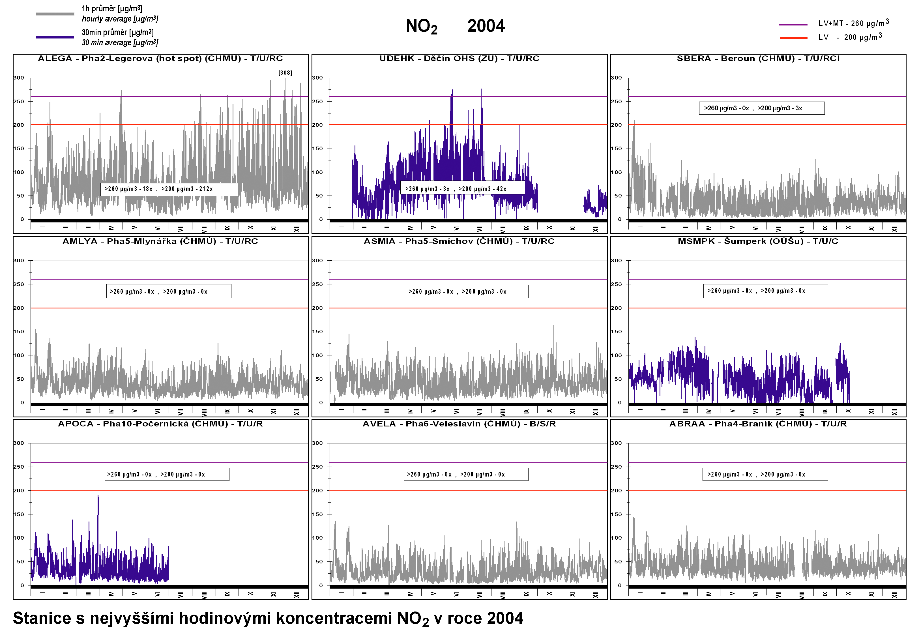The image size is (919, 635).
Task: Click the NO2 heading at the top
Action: pyautogui.click(x=421, y=26)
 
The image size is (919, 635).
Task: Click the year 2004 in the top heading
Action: pyautogui.click(x=486, y=26)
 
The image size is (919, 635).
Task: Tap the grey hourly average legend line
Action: pyautogui.click(x=55, y=14)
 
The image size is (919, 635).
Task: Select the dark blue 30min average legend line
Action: pyautogui.click(x=55, y=37)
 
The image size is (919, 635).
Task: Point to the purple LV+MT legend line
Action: pyautogui.click(x=793, y=25)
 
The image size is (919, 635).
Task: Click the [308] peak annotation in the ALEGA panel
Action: pyautogui.click(x=285, y=73)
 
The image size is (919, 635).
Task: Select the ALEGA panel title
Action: pyautogui.click(x=160, y=59)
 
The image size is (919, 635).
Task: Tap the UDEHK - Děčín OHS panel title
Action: pyautogui.click(x=459, y=59)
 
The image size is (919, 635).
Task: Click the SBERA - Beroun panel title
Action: pyautogui.click(x=758, y=59)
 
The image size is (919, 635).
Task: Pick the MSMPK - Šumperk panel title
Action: pyautogui.click(x=758, y=241)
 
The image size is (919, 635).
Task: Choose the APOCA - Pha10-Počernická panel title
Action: pyautogui.click(x=160, y=424)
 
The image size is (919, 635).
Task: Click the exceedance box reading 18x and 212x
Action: pyautogui.click(x=169, y=189)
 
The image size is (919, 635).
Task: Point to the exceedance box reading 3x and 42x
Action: pyautogui.click(x=462, y=188)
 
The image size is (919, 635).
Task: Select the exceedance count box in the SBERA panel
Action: pyautogui.click(x=761, y=108)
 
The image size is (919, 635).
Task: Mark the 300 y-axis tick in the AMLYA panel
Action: pyautogui.click(x=19, y=261)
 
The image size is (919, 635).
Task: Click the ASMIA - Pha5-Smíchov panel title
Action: pyautogui.click(x=459, y=241)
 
